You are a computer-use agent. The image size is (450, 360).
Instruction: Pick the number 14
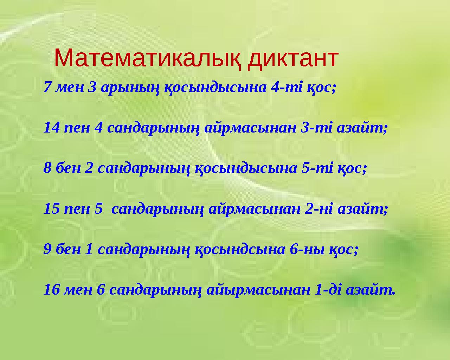(51, 128)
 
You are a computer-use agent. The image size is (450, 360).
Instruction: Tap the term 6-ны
(306, 250)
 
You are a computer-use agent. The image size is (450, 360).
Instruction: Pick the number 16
(51, 290)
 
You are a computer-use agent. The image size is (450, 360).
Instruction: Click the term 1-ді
(328, 290)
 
